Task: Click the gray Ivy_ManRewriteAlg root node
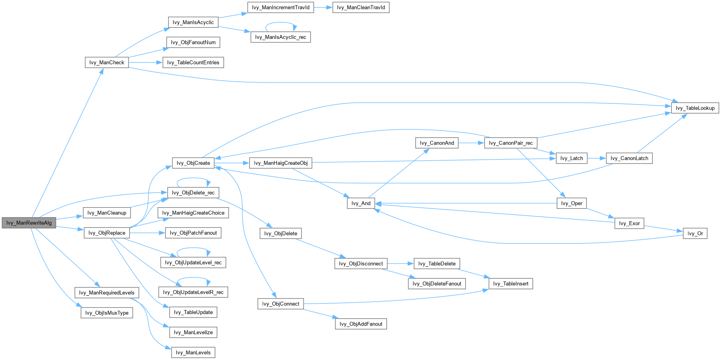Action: pos(29,223)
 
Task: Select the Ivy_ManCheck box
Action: pos(107,62)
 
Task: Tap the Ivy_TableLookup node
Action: pos(695,108)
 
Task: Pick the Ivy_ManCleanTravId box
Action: pos(361,8)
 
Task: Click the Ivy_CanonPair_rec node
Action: pos(510,143)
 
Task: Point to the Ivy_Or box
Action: pos(695,233)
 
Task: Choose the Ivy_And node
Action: pos(361,203)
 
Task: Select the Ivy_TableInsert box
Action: pos(510,283)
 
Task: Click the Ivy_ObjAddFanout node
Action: pos(361,324)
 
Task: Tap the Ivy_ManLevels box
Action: pos(193,352)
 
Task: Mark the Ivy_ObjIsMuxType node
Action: pos(107,313)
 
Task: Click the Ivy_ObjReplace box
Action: pos(107,233)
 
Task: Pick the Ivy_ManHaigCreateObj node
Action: pos(281,163)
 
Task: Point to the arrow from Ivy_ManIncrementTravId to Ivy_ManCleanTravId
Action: pos(323,8)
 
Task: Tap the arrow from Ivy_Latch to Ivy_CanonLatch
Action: pos(596,158)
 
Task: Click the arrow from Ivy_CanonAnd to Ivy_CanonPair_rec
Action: pos(471,143)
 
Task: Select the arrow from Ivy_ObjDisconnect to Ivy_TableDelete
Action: pos(400,264)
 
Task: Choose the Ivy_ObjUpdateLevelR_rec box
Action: pos(193,293)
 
